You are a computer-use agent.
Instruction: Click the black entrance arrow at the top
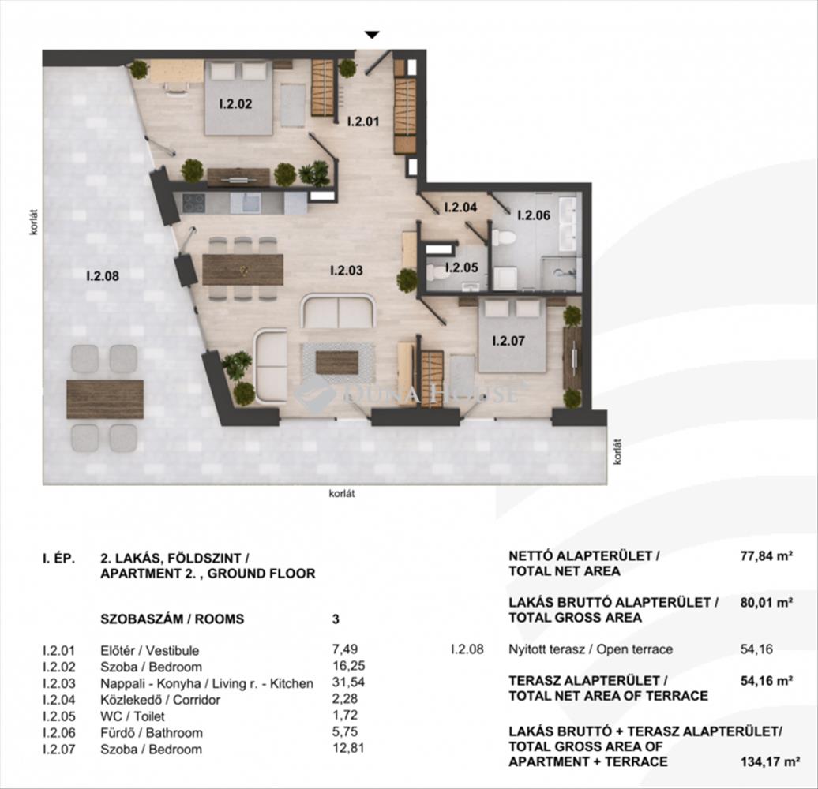371,35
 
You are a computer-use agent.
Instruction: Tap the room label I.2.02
235,103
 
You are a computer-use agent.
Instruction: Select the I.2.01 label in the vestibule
363,122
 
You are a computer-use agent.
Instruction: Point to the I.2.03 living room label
347,271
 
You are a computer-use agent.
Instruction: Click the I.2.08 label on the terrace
103,275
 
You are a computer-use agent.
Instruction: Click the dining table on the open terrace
105,398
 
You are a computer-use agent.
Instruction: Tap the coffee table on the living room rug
337,363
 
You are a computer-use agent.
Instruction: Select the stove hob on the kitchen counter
193,202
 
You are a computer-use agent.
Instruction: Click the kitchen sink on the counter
246,203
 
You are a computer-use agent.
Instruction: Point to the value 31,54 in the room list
348,682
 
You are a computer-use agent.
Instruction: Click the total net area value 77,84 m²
767,555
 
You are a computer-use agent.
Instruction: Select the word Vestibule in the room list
172,650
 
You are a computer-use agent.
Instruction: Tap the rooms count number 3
336,619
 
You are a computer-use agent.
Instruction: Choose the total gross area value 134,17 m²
771,762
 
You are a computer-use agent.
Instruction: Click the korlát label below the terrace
342,493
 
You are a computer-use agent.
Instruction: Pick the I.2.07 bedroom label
508,341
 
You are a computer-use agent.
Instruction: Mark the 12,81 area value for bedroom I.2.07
348,748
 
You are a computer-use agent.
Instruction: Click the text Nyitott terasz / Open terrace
591,649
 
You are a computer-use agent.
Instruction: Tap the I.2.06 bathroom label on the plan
534,215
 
